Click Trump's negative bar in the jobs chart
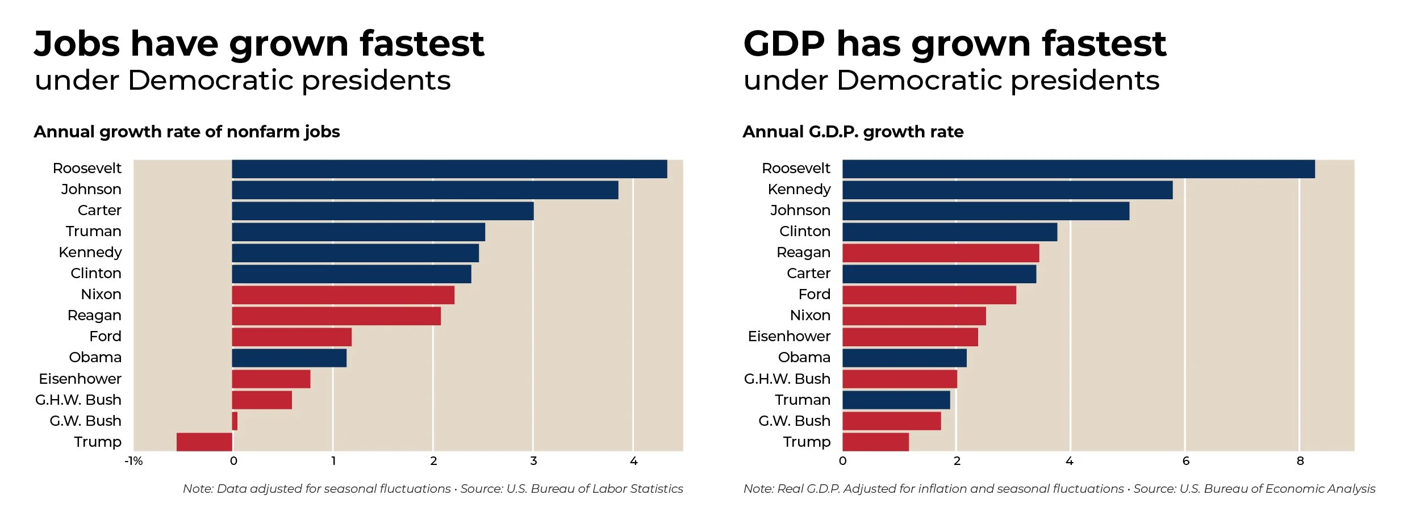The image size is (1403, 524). point(204,442)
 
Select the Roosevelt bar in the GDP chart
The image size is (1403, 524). point(1078,169)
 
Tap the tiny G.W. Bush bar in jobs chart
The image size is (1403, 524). point(235,421)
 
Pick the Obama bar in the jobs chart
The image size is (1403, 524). point(289,358)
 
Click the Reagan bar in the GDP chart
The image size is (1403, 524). point(941,253)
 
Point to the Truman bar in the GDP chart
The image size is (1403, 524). point(896,400)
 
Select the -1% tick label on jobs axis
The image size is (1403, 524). point(133,461)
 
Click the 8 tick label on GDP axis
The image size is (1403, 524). point(1300,461)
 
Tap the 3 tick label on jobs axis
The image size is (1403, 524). point(533,461)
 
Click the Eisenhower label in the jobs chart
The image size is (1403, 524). point(80,379)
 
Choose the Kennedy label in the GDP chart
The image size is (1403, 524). point(799,189)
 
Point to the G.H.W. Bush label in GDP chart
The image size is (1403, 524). point(787,379)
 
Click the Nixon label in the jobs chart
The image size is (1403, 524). point(101,294)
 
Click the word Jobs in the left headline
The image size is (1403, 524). point(77,44)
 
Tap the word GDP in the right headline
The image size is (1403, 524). point(784,44)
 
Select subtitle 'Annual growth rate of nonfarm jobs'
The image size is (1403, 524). point(187,132)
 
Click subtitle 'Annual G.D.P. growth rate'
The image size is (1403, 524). point(853,132)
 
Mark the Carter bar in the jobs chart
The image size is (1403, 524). point(382,211)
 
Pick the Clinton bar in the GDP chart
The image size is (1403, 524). point(949,232)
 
